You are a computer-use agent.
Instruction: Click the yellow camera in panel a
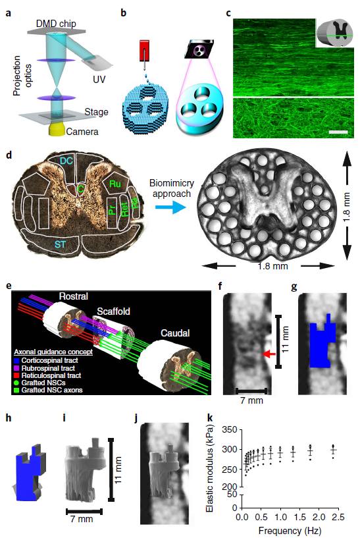pos(57,129)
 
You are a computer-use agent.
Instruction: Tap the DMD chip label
pos(56,24)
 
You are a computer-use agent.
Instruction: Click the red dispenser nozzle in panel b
pos(145,51)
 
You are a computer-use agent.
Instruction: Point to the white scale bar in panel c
pos(338,132)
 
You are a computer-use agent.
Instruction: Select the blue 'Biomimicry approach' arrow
pos(170,207)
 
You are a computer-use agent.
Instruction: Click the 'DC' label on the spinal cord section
pos(66,161)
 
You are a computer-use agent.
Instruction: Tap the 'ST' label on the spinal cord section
pos(61,244)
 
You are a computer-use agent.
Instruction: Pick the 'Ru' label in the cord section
pos(115,184)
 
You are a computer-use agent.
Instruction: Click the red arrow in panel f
pos(269,354)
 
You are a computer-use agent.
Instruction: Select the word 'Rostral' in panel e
pos(73,296)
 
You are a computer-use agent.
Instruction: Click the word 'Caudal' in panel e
pos(175,333)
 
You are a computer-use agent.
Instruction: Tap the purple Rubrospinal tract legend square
pos(16,368)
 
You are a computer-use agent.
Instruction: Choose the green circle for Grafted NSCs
pos(16,383)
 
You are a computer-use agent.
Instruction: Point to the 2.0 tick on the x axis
pos(319,517)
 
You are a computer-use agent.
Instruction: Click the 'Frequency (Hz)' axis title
pos(290,531)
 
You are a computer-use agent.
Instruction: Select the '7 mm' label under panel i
pos(82,519)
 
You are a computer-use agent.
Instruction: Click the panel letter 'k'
pos(209,418)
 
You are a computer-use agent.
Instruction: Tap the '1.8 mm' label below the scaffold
pos(272,266)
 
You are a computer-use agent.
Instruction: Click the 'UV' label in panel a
pos(99,80)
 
